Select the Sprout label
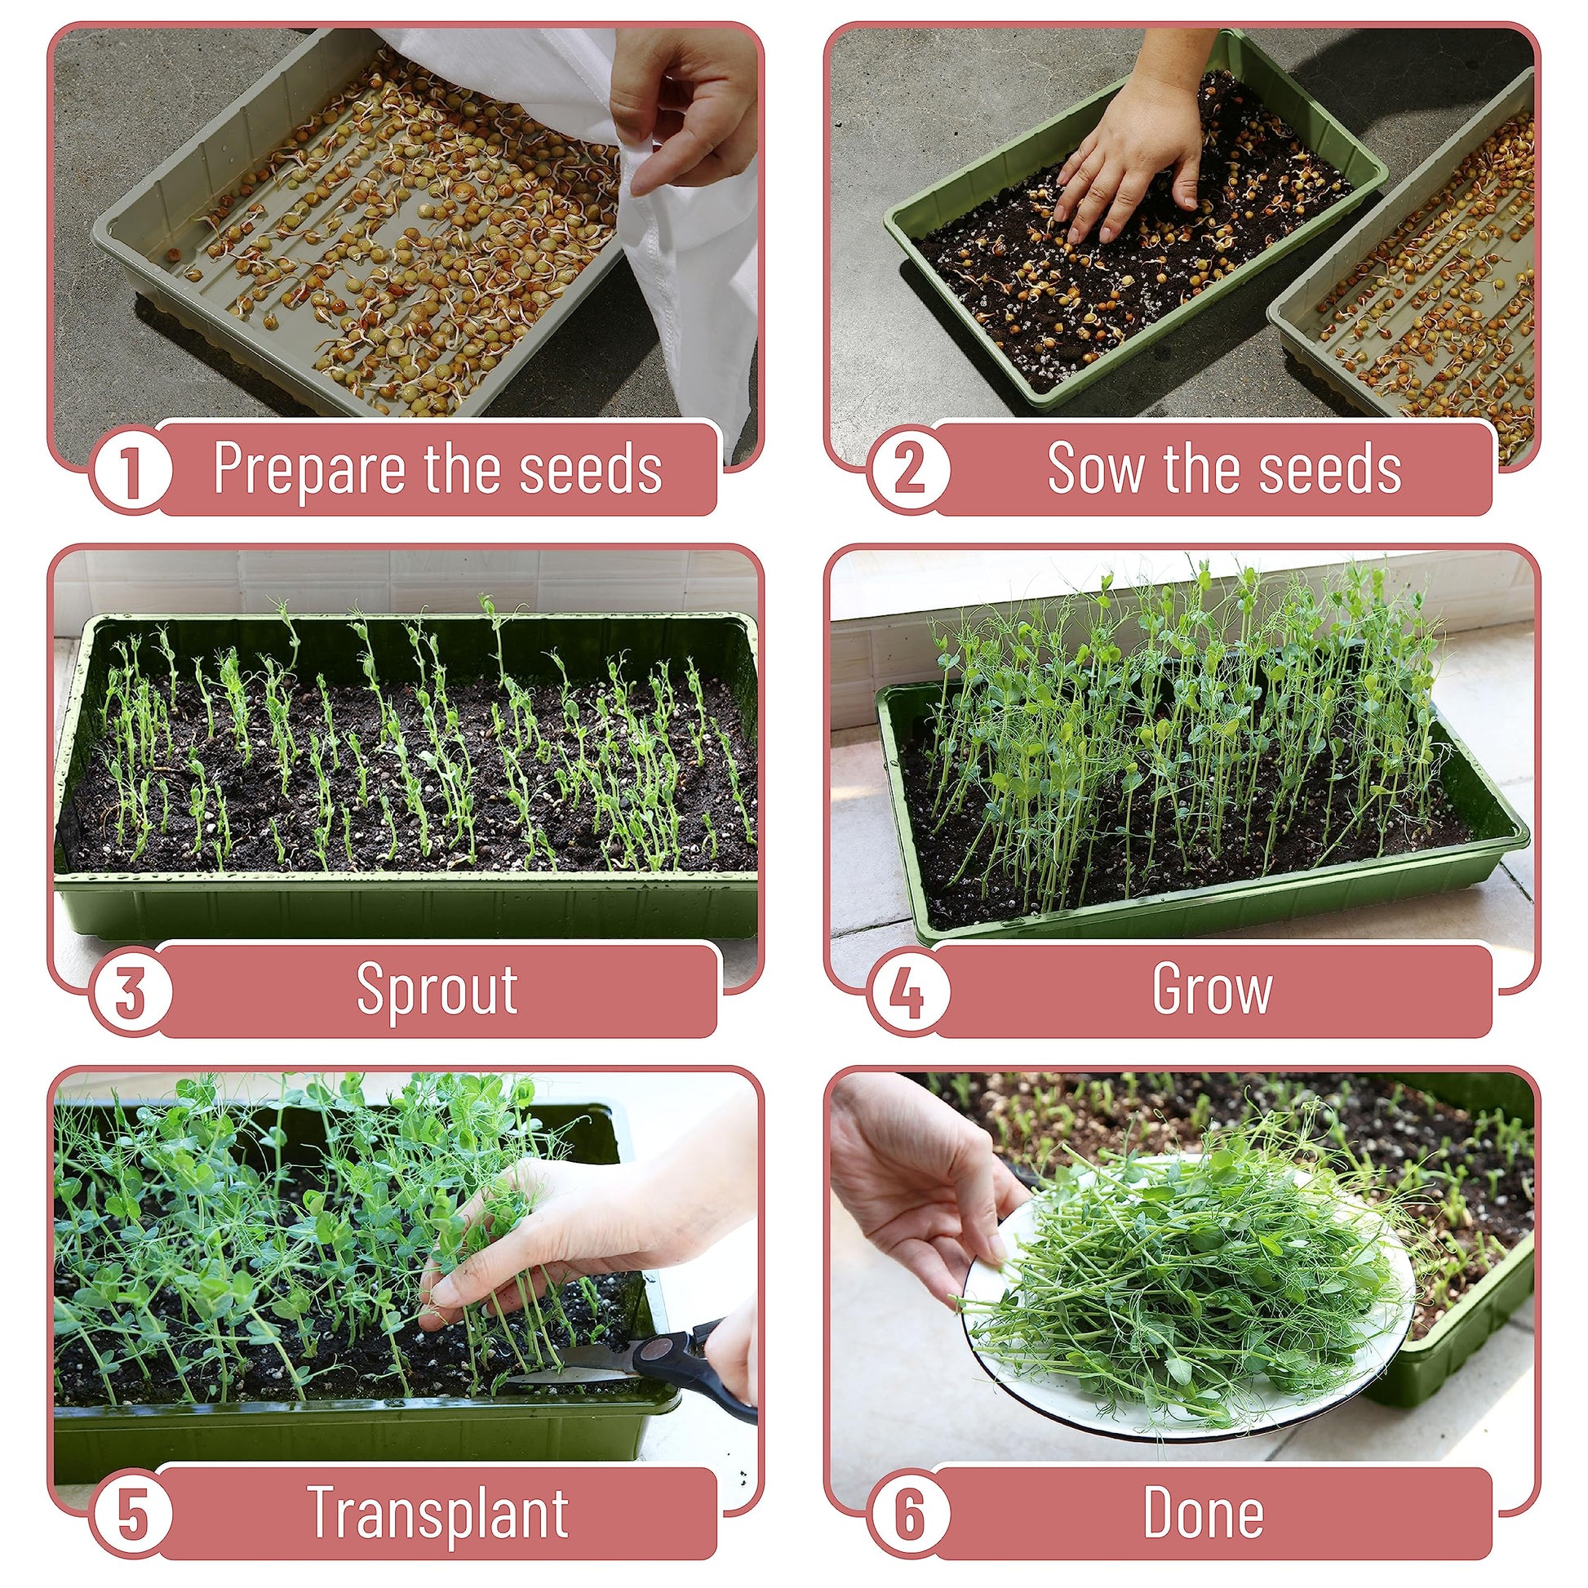pos(437,991)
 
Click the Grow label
pos(1213,989)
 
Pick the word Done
pos(1204,1512)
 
